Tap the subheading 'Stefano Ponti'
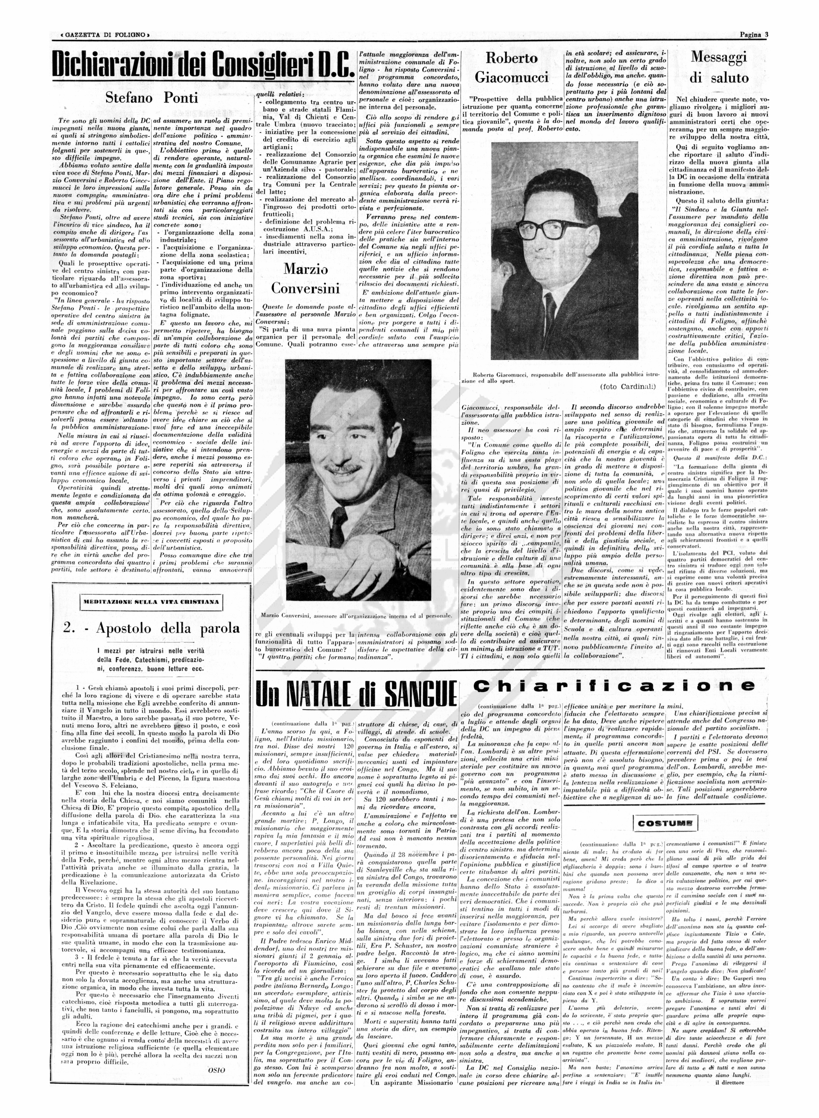tap(152, 98)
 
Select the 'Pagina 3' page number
tap(754, 35)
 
